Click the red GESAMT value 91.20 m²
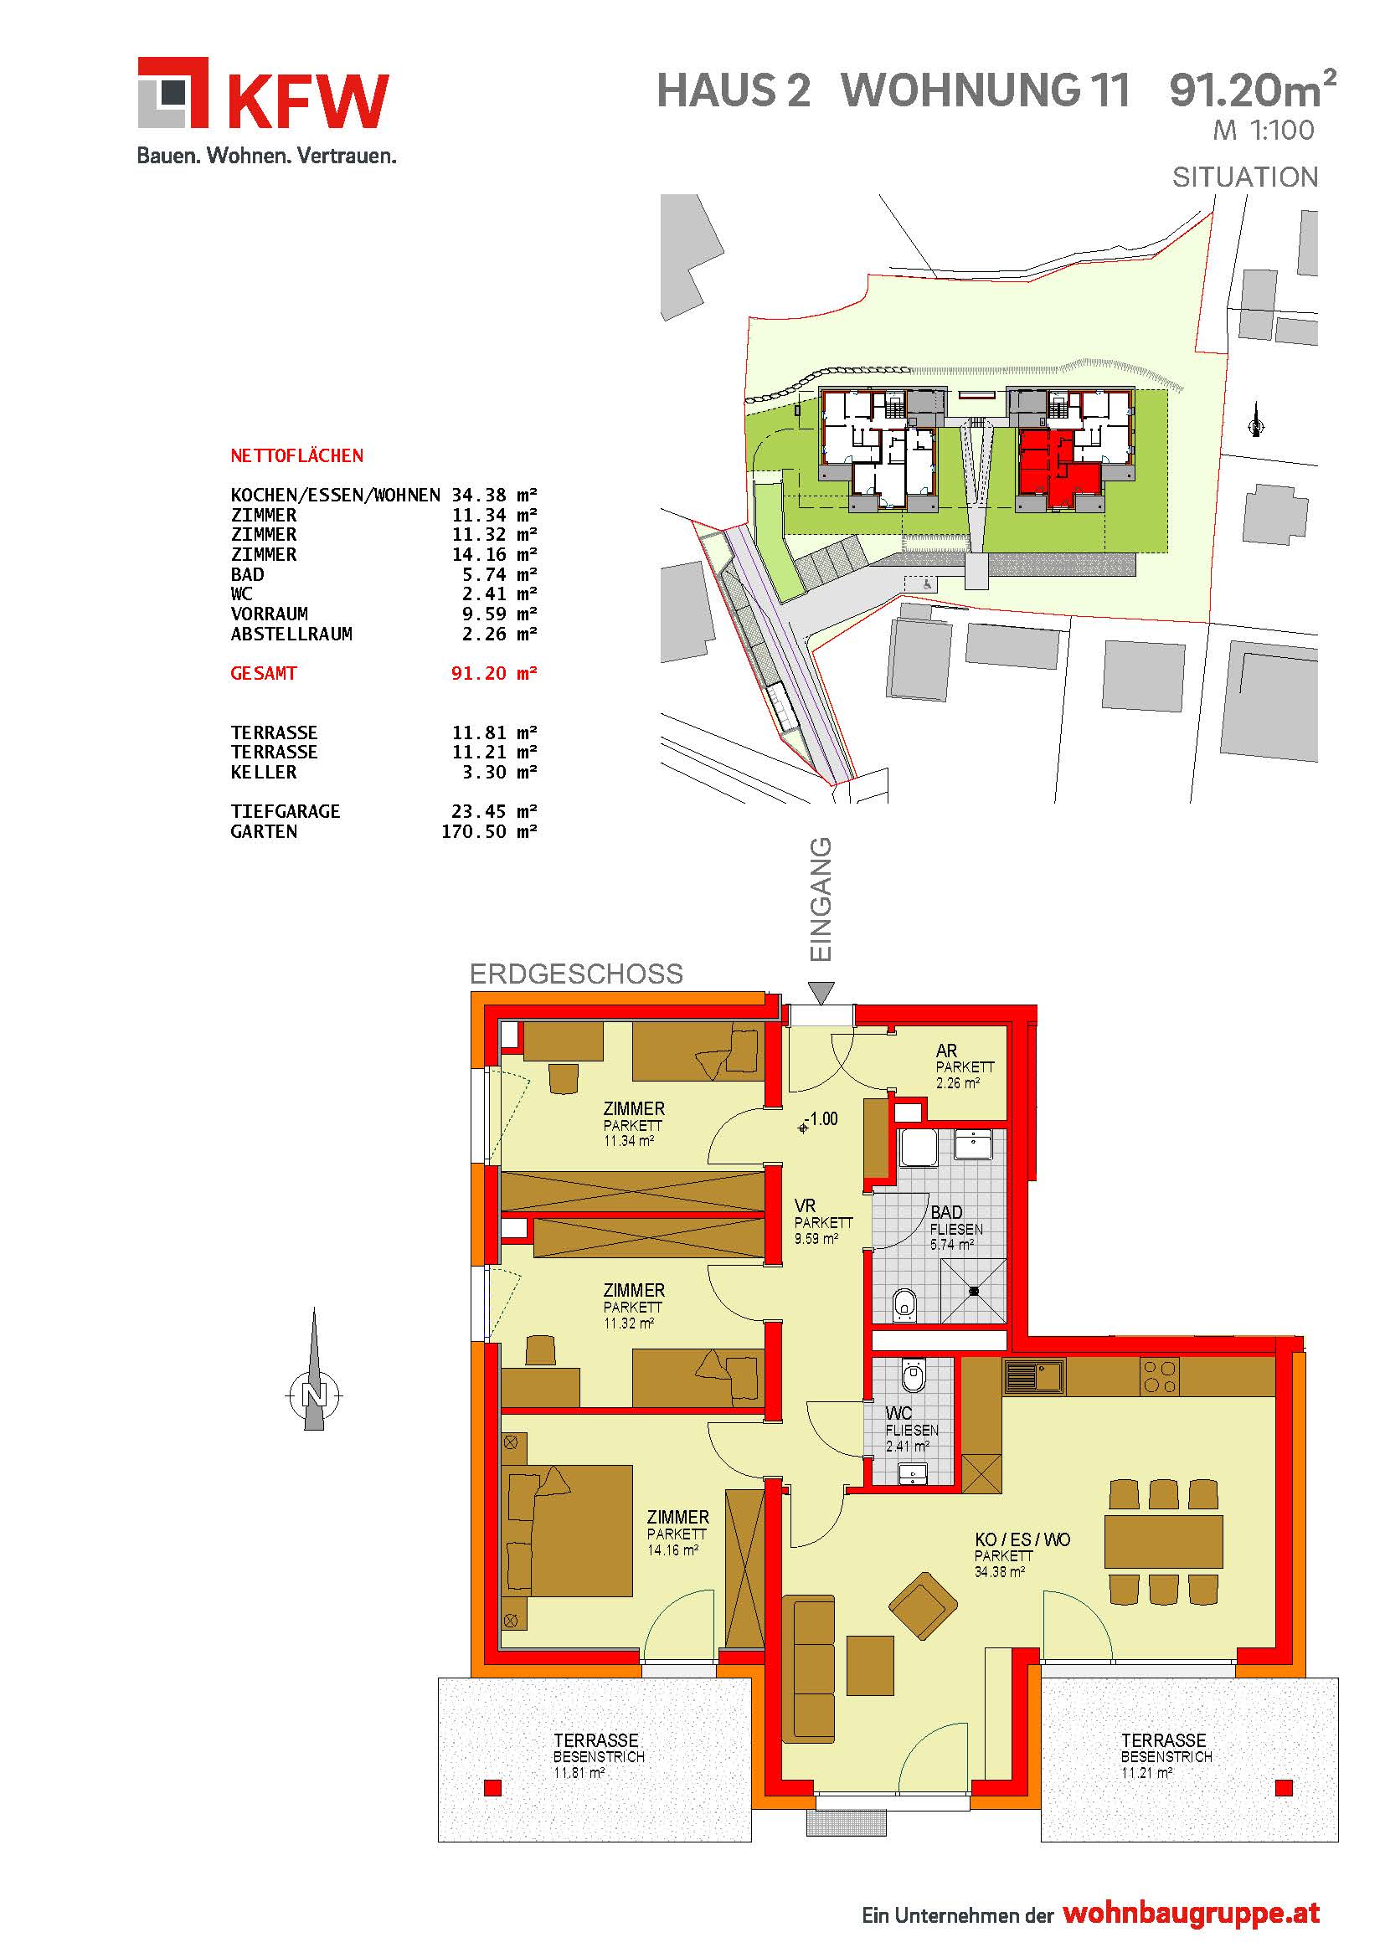click(x=494, y=674)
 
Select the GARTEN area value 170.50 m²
click(x=489, y=831)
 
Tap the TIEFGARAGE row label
click(x=285, y=812)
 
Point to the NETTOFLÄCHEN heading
click(x=296, y=456)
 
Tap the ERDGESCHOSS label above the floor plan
click(x=576, y=974)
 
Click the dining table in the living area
click(x=1163, y=1541)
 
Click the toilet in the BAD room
click(x=904, y=1305)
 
